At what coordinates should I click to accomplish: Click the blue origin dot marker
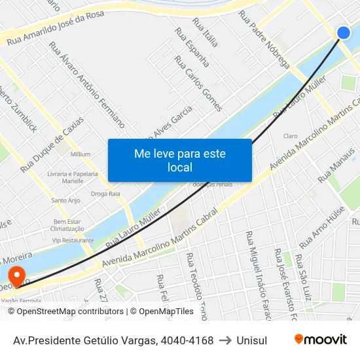pos(343,33)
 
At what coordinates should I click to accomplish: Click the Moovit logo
pos(320,340)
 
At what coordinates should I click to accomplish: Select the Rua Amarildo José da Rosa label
pos(65,29)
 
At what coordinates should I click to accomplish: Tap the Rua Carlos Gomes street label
pos(198,83)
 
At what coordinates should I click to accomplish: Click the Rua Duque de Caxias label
pos(52,145)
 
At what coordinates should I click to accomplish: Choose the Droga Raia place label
pos(105,193)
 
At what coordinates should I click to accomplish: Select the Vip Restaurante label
pos(73,240)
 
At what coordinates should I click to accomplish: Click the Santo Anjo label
pos(65,200)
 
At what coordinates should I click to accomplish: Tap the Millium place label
pos(81,154)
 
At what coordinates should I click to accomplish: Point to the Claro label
pos(291,135)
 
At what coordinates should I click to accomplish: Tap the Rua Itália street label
pos(205,33)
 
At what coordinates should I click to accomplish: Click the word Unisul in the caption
pos(252,340)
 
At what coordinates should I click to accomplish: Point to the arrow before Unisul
pos(225,340)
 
